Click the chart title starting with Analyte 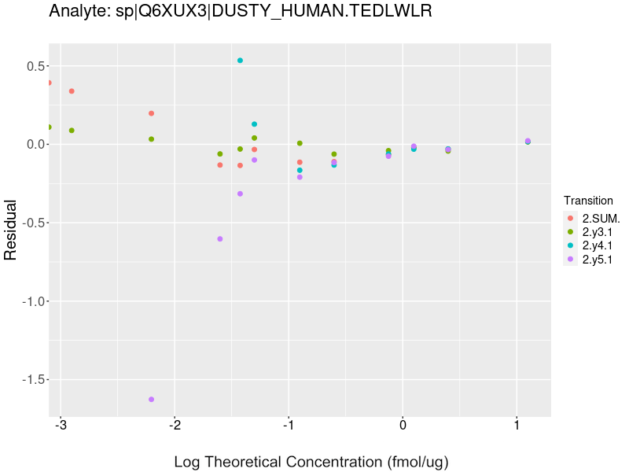(240, 12)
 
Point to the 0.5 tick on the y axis (31, 66)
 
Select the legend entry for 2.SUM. (601, 218)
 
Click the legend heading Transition (588, 201)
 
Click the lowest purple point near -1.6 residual (151, 400)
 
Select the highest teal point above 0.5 (240, 61)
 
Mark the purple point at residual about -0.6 (220, 239)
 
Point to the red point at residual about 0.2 (151, 113)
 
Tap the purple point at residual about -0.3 (240, 194)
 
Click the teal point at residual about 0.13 (254, 124)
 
